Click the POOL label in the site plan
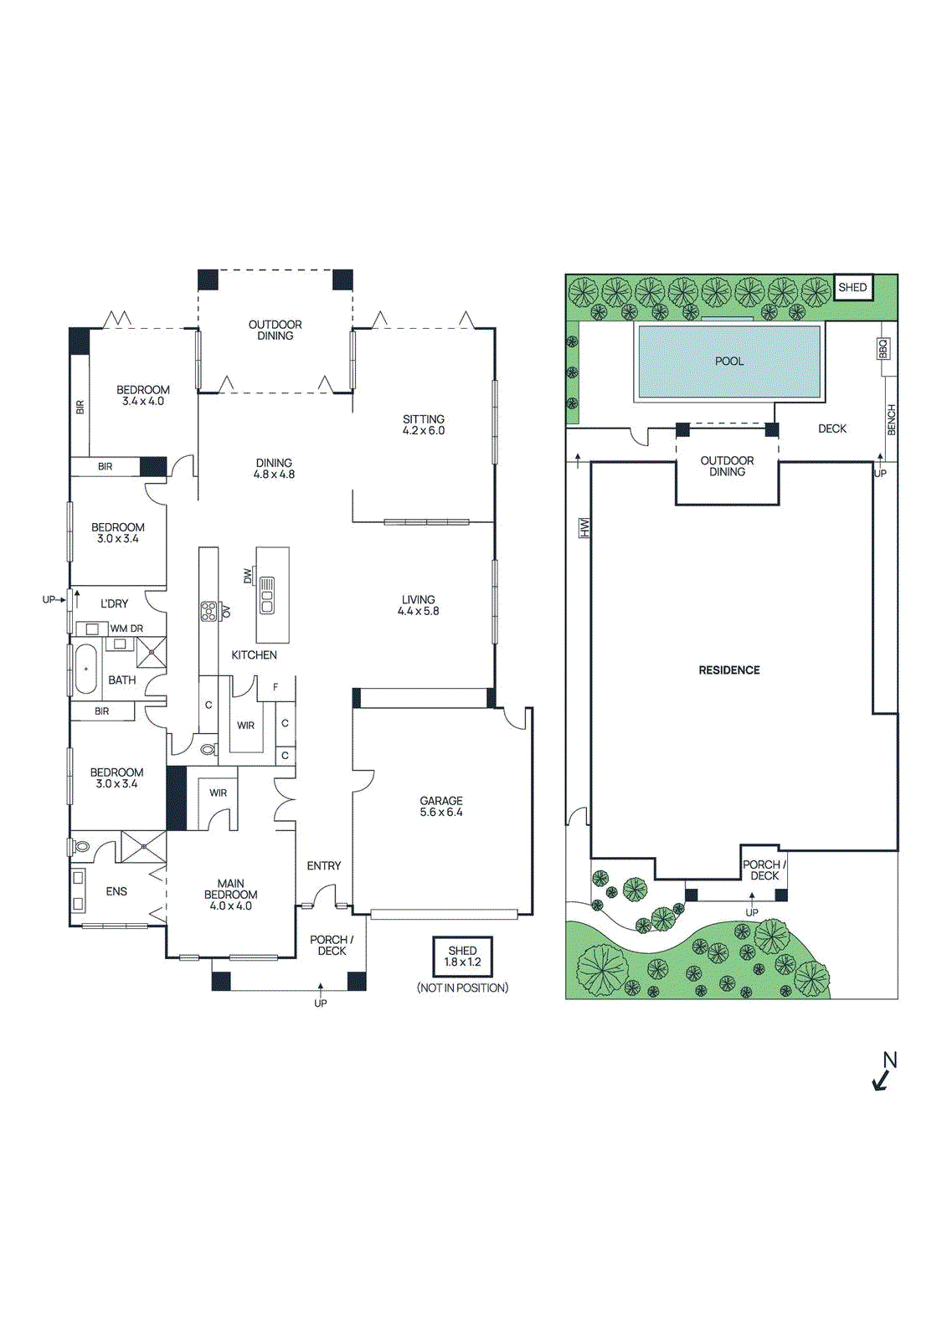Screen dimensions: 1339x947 tap(728, 362)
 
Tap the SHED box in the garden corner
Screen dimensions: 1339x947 tap(852, 287)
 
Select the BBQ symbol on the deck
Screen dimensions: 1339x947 tap(883, 348)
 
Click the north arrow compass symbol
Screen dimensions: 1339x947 tap(884, 1072)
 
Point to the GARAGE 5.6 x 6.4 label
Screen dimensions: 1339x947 tap(441, 807)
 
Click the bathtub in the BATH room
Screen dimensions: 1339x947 tap(85, 669)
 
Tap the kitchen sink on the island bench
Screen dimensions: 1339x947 tap(267, 595)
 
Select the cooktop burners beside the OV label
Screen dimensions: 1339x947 tap(208, 612)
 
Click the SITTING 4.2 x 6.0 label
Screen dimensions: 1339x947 tap(424, 425)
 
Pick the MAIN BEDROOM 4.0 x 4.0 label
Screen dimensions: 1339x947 tap(230, 895)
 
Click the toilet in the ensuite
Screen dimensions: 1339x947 tap(81, 847)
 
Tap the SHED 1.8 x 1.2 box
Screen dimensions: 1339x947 tap(462, 957)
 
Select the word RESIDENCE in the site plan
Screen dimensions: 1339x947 tap(729, 670)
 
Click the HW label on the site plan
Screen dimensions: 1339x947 tap(584, 527)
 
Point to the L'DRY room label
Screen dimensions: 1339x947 tap(115, 603)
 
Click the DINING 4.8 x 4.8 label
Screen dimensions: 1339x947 tap(274, 469)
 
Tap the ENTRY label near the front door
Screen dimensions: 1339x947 tap(324, 866)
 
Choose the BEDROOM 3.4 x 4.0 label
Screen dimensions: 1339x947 tap(143, 396)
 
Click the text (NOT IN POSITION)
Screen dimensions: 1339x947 tap(462, 988)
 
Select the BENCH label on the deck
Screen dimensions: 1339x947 tap(891, 420)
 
